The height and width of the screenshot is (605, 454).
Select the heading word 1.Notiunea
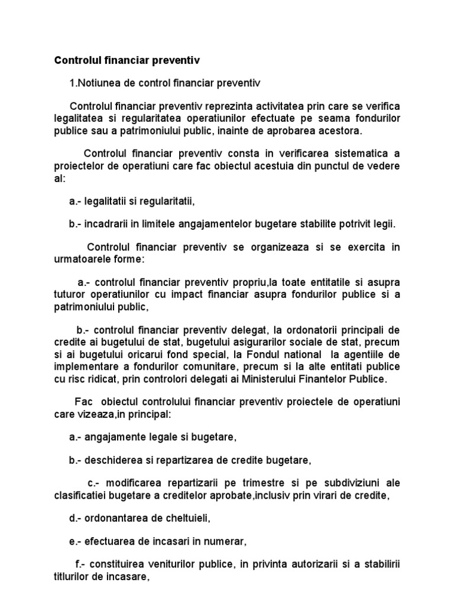[x=93, y=83]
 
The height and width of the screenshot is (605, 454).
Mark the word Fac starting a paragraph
[x=83, y=402]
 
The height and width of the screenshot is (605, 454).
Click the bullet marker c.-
[x=93, y=483]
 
